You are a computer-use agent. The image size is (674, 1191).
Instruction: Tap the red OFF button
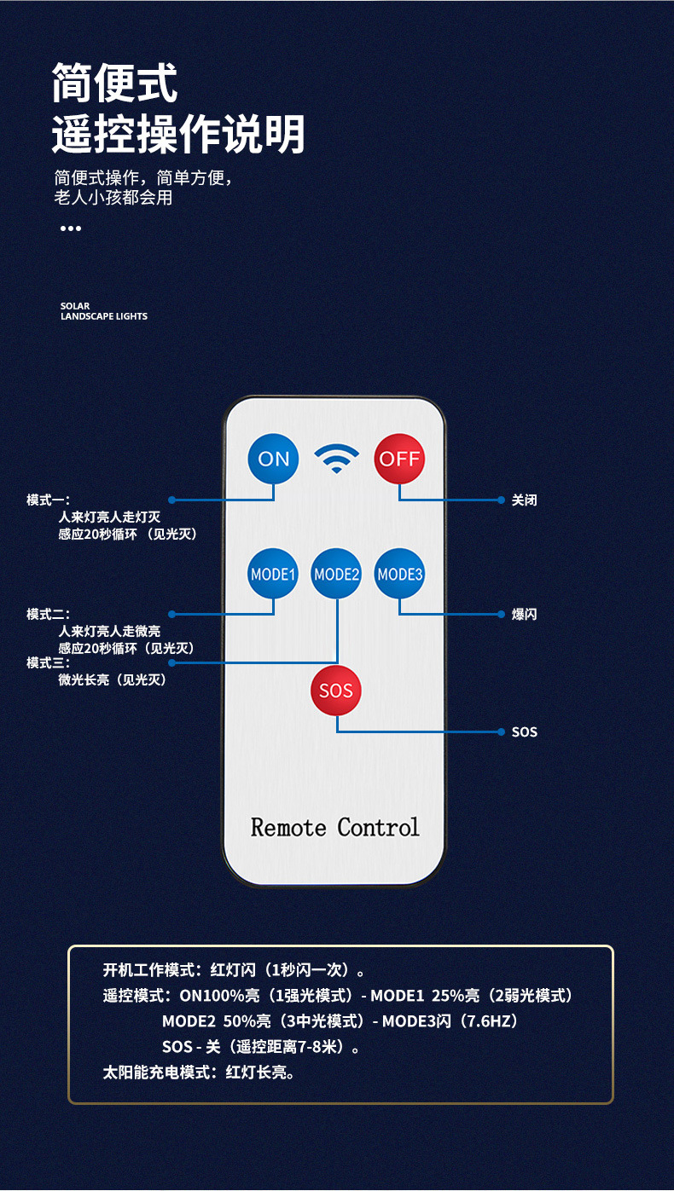(x=399, y=459)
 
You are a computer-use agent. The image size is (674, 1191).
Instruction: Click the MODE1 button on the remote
(x=273, y=574)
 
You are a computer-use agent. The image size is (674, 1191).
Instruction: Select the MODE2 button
(x=336, y=574)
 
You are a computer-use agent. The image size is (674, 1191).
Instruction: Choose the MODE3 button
(x=399, y=574)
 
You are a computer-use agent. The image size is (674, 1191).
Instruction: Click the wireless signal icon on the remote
(x=336, y=459)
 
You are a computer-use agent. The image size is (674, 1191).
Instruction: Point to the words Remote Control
(x=335, y=827)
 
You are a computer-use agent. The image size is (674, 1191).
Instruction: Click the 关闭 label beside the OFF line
(x=524, y=500)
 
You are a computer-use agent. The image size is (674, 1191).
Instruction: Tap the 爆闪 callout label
(x=524, y=615)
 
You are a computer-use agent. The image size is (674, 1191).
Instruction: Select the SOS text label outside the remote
(x=524, y=732)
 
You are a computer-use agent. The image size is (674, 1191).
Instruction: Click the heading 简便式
(x=114, y=83)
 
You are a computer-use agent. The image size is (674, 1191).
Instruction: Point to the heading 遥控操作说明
(x=178, y=134)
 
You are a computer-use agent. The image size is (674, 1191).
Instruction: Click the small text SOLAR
(x=75, y=306)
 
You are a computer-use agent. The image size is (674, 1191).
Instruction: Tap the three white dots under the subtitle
(x=71, y=228)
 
